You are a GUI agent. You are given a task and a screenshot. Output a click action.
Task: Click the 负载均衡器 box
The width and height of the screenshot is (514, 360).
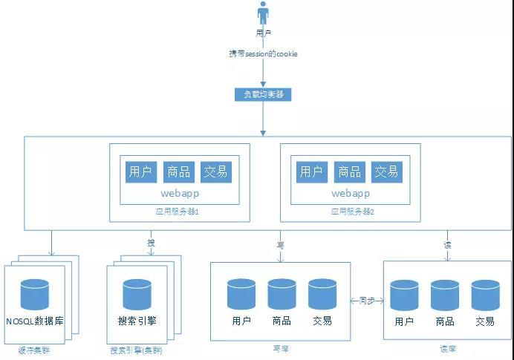tap(262, 94)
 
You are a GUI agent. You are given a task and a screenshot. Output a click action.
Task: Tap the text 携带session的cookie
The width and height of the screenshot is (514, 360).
tap(263, 54)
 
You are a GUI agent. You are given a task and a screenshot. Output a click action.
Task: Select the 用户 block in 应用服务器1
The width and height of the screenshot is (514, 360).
tap(140, 171)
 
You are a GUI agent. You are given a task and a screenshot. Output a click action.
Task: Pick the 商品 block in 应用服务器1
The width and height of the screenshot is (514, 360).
tap(179, 171)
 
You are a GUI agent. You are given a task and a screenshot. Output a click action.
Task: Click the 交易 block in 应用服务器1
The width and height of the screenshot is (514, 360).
tap(216, 171)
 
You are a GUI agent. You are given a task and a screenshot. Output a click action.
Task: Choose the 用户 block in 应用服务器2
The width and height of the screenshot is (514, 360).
tap(311, 171)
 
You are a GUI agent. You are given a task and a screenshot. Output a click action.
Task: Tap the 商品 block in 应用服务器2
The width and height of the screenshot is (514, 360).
tap(349, 171)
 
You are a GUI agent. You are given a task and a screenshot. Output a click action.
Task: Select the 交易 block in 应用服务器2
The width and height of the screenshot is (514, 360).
tap(386, 171)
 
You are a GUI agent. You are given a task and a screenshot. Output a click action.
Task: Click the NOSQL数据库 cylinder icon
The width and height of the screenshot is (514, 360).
tap(34, 295)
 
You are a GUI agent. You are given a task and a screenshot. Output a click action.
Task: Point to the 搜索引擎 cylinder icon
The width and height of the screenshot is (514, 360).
tap(137, 295)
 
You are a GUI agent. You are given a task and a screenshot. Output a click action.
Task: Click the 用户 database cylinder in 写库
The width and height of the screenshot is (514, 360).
tap(241, 295)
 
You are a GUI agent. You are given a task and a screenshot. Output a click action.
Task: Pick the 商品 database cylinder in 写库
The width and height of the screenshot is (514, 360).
tap(282, 295)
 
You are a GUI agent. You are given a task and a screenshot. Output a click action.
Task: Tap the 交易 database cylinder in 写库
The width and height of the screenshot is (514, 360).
tap(322, 295)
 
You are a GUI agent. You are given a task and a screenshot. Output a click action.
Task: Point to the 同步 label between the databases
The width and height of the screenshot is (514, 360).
tap(367, 301)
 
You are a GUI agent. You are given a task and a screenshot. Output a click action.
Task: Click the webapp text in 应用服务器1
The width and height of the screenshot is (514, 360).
tap(180, 193)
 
